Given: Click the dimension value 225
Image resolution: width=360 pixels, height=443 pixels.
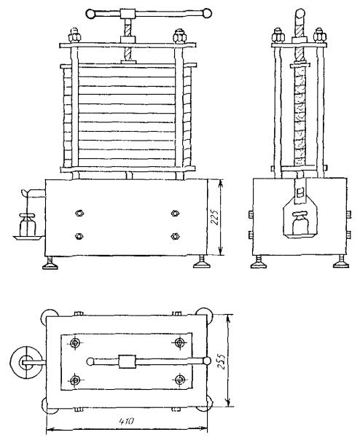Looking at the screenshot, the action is (215, 217).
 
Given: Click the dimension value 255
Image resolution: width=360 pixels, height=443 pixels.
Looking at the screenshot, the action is (222, 361).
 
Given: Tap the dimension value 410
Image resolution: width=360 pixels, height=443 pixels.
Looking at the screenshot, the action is (126, 422).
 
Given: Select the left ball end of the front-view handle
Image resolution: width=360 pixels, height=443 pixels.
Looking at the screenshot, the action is (91, 14).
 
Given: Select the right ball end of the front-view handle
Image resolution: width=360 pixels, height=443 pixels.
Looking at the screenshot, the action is (206, 13).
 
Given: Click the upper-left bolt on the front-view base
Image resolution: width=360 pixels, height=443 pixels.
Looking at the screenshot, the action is (79, 213).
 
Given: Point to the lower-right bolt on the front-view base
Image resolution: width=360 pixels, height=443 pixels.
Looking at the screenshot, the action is (175, 236).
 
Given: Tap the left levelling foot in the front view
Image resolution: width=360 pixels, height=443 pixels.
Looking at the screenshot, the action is (50, 262).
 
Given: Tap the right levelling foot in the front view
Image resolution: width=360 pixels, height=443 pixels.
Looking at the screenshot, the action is (201, 262).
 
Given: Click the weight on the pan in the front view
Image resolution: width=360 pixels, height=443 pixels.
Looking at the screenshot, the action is (28, 224).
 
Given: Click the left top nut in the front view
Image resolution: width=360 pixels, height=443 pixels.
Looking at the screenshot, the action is (74, 35).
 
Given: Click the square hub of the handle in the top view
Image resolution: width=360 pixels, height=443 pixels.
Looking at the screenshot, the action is (127, 361).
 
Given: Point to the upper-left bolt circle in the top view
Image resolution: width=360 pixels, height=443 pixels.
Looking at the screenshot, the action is (75, 343).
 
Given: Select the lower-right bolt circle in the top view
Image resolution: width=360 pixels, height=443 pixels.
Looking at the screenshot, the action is (180, 380).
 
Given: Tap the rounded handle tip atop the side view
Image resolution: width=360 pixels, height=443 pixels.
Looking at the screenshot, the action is (300, 14).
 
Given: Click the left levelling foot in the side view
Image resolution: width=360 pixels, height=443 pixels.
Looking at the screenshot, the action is (259, 262).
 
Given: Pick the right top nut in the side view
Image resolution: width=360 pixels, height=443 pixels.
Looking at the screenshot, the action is (320, 35).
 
